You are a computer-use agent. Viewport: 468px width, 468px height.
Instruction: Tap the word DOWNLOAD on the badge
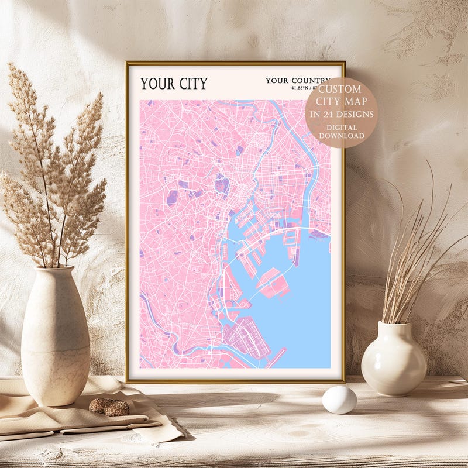(x=341, y=136)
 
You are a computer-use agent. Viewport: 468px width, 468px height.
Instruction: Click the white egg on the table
(x=339, y=400)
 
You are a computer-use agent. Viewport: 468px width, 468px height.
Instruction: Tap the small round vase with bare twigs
(x=393, y=359)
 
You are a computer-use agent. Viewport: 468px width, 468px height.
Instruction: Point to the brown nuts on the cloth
(x=108, y=407)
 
